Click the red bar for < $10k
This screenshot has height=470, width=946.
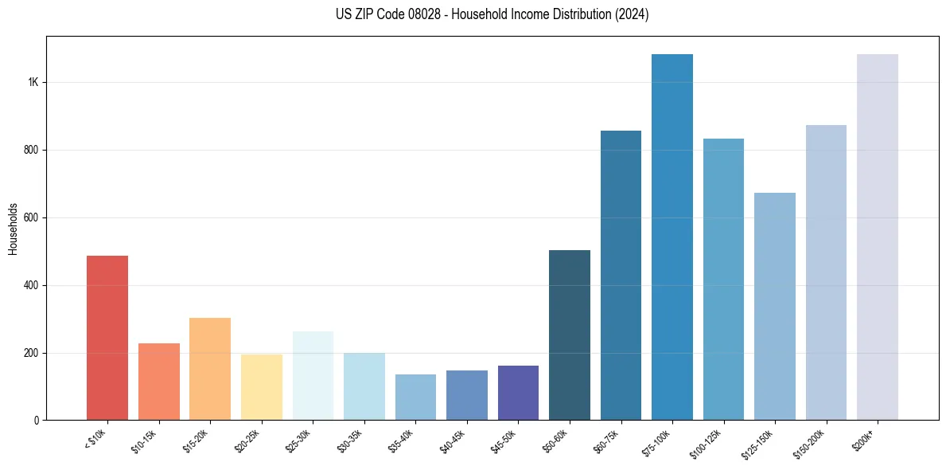107,338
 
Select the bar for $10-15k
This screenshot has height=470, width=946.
159,382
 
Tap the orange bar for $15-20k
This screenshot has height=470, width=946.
210,369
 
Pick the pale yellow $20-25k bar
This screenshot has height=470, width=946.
262,387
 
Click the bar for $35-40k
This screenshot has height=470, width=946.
415,398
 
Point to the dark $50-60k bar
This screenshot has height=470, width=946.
570,335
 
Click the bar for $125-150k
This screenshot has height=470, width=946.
775,307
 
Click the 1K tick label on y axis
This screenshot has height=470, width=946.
33,82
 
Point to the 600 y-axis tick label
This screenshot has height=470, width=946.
30,217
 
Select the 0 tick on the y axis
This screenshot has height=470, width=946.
37,421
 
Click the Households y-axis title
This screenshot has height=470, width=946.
13,228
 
